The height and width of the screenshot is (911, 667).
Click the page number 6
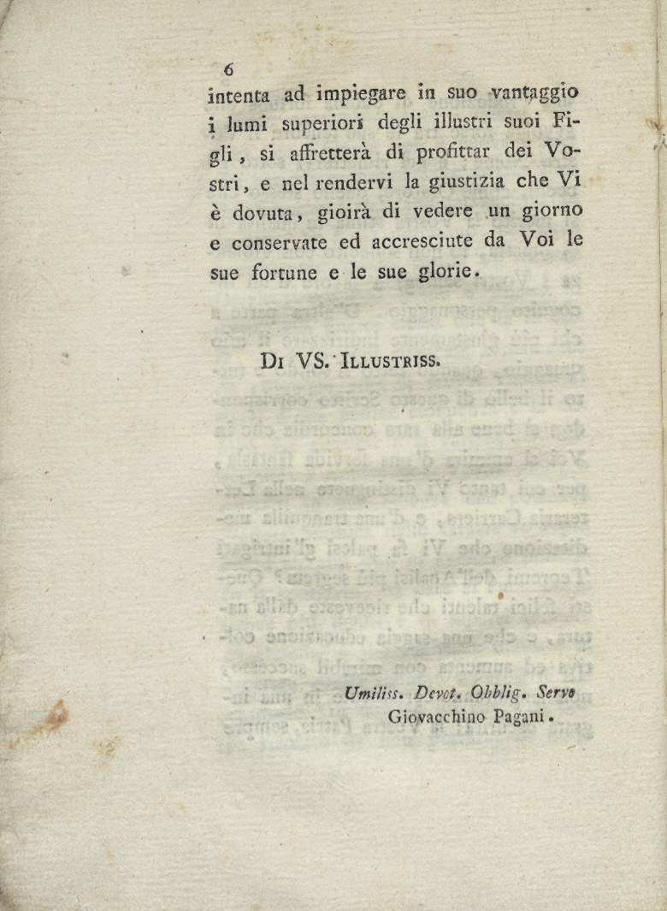tap(228, 70)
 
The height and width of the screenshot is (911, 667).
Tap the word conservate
tap(279, 242)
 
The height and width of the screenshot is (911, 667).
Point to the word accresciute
tap(422, 242)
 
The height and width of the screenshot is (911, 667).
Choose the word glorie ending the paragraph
tap(445, 272)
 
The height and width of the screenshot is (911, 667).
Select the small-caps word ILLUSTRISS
tap(390, 361)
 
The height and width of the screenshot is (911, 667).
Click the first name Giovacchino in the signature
tap(437, 719)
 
